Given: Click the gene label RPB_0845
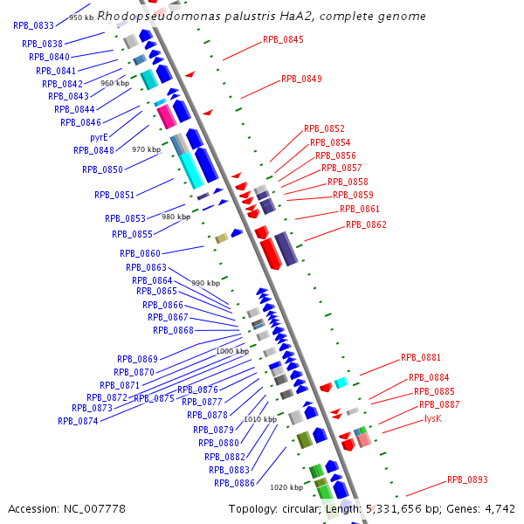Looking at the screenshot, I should (283, 39).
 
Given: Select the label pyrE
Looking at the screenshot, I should (99, 137).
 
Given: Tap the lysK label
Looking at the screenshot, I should (432, 419).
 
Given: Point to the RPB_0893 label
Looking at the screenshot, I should (467, 479).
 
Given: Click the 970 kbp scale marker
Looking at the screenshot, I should (147, 149).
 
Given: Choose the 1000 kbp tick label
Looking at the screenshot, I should (232, 351).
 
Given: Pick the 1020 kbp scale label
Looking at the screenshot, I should (286, 487).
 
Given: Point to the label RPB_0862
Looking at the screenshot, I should (366, 224).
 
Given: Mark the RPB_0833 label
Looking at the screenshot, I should (33, 25).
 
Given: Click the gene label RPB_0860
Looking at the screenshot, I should (140, 253).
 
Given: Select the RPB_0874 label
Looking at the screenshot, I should (78, 420).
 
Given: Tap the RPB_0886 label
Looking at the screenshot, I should (234, 483).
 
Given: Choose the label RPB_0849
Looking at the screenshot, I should (301, 79).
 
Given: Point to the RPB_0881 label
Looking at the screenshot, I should (421, 357).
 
